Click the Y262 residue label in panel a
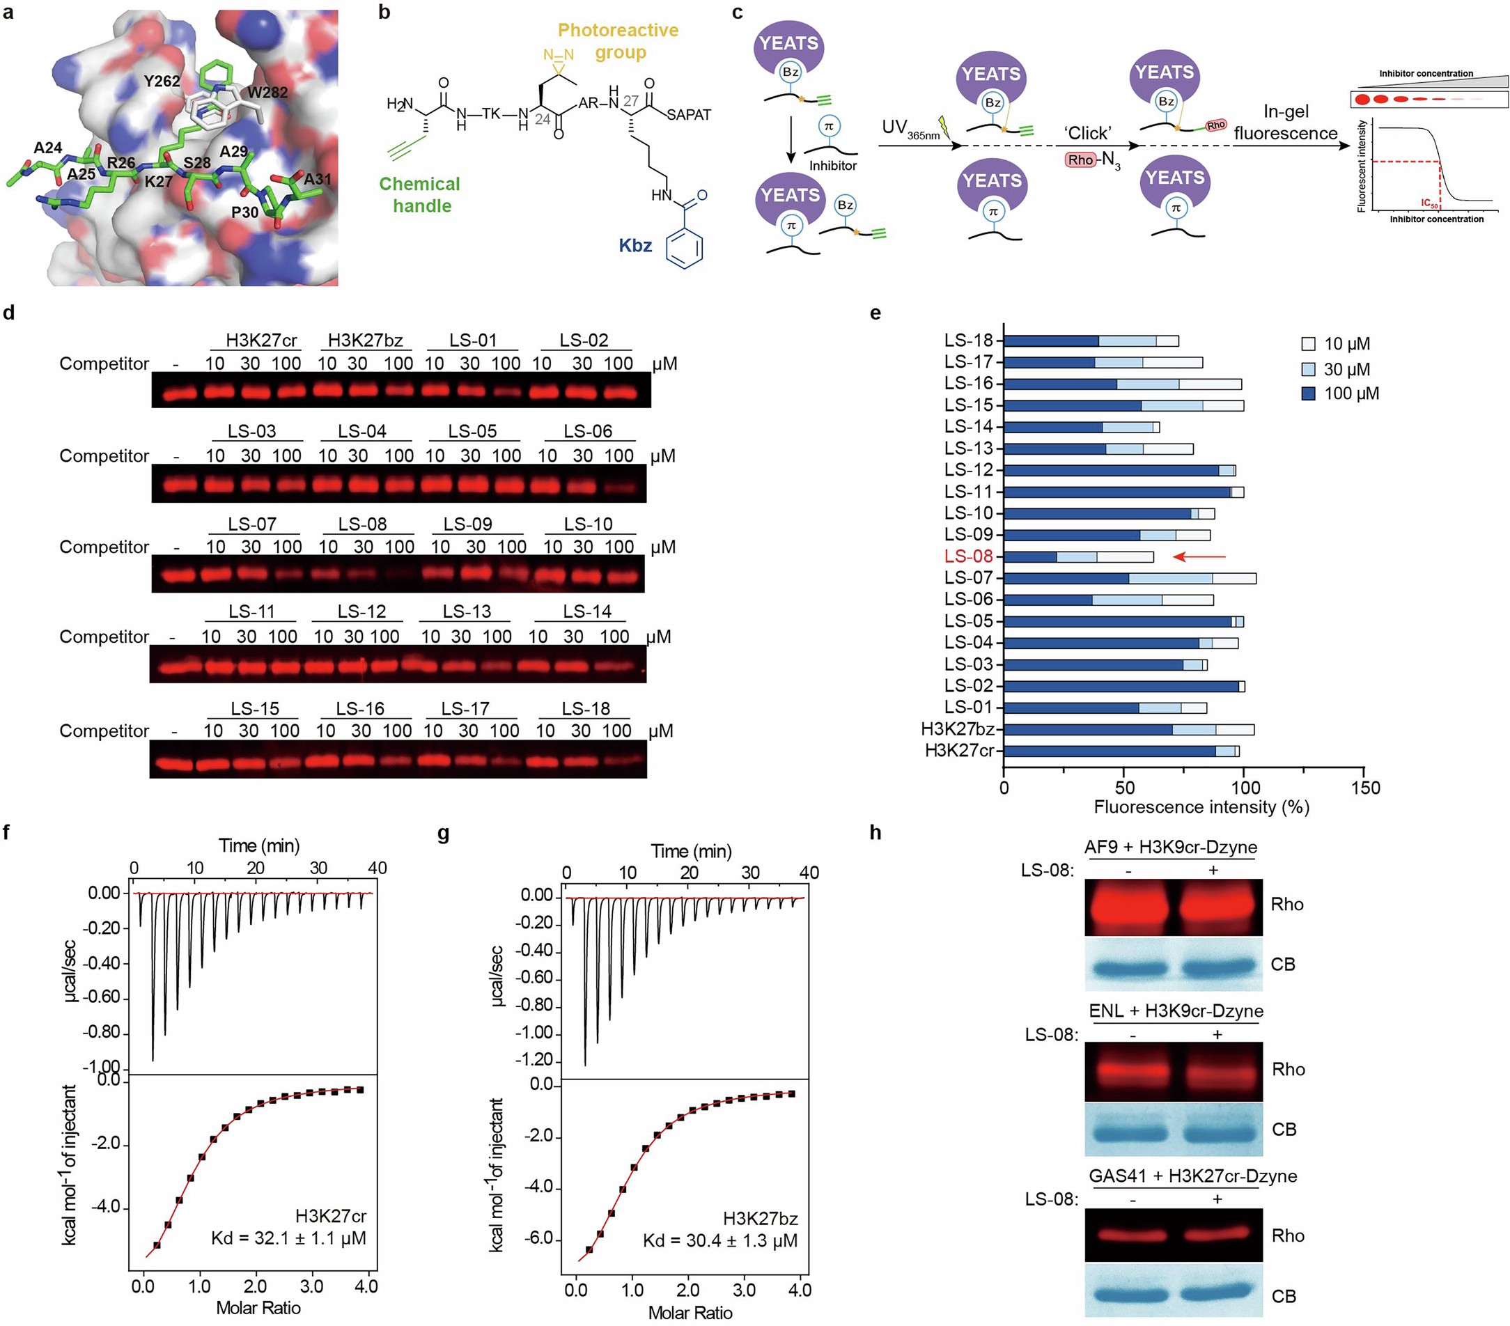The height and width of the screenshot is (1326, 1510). click(x=161, y=81)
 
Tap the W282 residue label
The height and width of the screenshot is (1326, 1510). click(x=267, y=93)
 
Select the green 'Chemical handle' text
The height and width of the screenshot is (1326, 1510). click(x=419, y=195)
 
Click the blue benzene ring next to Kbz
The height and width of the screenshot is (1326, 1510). click(x=683, y=250)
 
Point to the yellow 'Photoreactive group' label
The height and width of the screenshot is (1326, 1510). click(x=618, y=40)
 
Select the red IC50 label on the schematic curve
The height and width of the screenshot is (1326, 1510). click(x=1429, y=203)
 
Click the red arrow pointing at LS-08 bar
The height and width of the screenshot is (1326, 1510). click(x=1199, y=556)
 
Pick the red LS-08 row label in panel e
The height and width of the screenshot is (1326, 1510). click(x=969, y=556)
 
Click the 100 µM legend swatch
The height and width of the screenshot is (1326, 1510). click(x=1308, y=393)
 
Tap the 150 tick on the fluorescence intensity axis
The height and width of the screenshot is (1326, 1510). click(x=1364, y=788)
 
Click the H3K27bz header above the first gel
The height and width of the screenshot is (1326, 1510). click(x=365, y=341)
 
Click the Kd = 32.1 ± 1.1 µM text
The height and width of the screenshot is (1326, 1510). click(x=288, y=1238)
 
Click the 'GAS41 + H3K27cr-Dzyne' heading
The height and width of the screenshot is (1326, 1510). click(x=1192, y=1176)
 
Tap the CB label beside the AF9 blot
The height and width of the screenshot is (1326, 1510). click(x=1282, y=964)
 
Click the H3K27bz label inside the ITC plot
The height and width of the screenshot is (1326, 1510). click(x=760, y=1219)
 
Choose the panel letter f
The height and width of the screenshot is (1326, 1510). click(x=7, y=832)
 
